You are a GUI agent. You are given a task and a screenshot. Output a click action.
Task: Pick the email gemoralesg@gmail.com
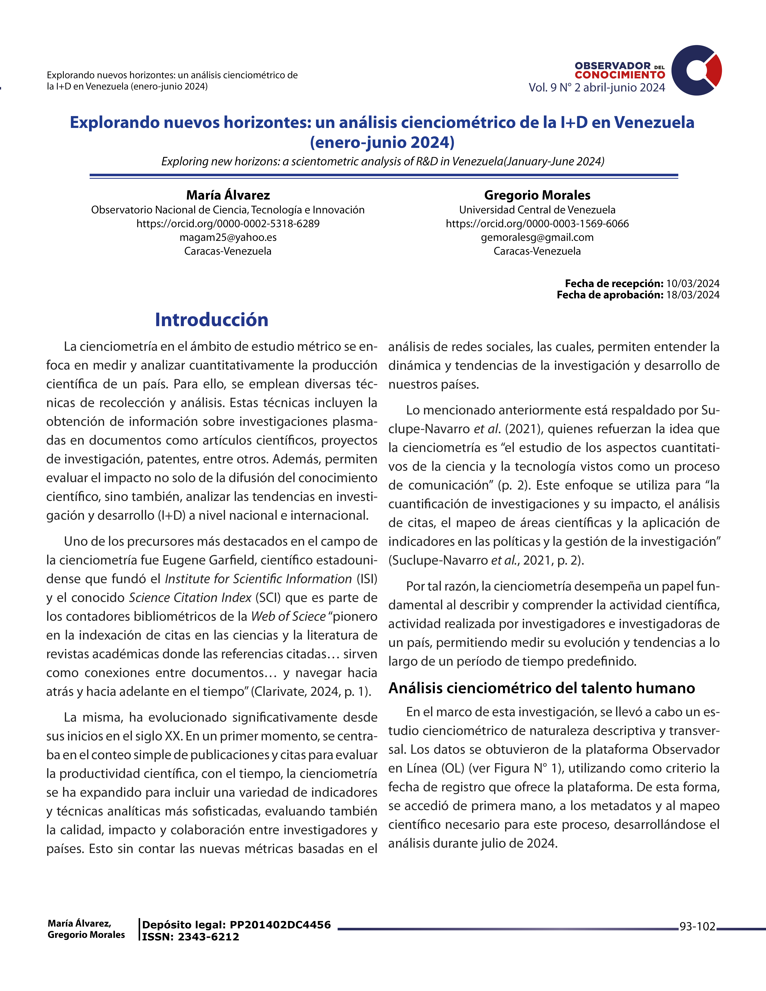(537, 237)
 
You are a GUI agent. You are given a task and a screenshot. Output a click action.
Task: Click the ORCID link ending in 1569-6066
(537, 224)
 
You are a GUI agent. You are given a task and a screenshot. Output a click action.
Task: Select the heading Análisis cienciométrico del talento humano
(541, 688)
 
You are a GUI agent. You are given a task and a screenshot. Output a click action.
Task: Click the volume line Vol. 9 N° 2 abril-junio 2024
(597, 88)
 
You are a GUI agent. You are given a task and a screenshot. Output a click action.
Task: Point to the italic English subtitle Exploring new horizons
(383, 162)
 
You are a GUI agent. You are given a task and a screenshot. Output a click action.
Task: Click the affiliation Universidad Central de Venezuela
(537, 210)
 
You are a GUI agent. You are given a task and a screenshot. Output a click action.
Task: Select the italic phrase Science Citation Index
(190, 598)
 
